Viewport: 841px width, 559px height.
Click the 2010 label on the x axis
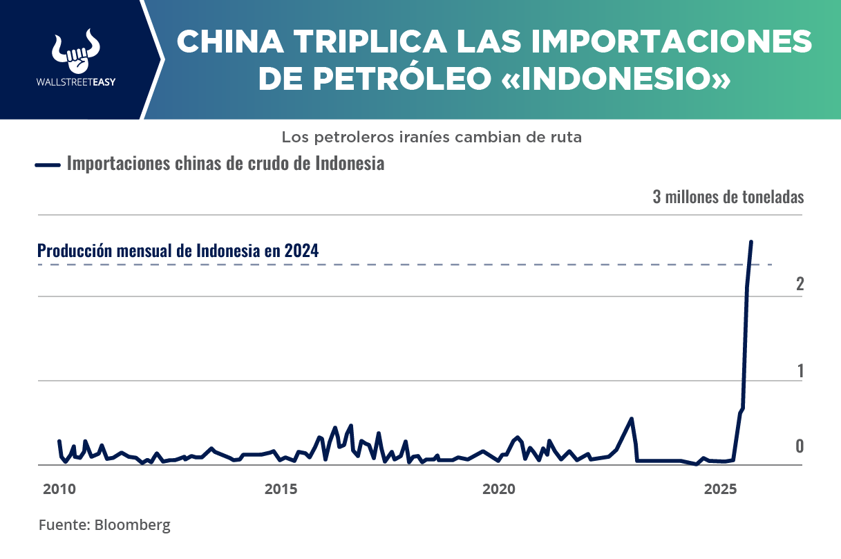59,489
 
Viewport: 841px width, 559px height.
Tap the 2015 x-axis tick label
281,489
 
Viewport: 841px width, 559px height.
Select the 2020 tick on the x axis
499,489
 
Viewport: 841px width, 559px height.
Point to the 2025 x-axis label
721,489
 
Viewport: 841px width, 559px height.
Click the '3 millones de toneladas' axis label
728,197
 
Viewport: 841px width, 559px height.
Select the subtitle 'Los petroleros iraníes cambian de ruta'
431,137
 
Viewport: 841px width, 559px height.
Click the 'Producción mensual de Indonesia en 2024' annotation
178,250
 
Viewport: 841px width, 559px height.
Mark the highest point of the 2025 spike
751,242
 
